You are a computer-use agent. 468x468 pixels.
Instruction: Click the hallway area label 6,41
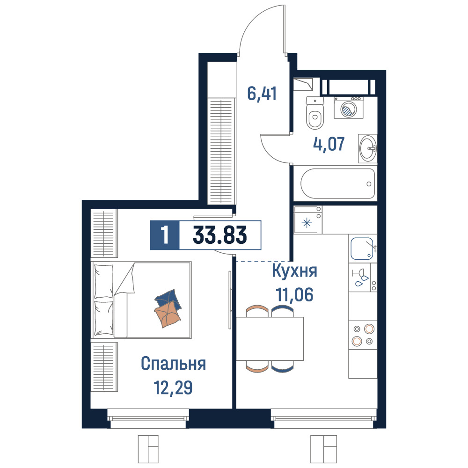262,94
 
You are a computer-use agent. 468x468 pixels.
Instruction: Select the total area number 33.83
220,235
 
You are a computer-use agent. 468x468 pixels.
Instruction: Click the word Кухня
294,271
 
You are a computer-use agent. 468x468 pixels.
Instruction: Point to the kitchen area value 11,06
294,295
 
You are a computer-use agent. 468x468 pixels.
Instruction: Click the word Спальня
174,364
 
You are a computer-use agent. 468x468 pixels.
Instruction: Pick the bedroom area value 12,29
173,388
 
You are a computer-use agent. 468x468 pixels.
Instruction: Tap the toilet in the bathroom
315,113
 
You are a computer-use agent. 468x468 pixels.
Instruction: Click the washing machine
349,108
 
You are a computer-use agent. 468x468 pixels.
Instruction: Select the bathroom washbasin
368,148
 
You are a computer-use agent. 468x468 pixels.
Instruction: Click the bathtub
337,183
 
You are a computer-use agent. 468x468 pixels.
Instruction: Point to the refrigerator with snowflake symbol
308,219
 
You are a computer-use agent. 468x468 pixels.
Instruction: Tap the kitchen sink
363,249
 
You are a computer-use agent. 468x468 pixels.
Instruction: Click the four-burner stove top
363,335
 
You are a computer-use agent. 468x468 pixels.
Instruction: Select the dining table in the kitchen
270,338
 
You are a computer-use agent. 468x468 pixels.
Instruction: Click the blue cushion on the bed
168,299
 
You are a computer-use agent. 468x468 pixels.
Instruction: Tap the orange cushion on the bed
168,314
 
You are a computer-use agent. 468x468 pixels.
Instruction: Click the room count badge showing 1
165,235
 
